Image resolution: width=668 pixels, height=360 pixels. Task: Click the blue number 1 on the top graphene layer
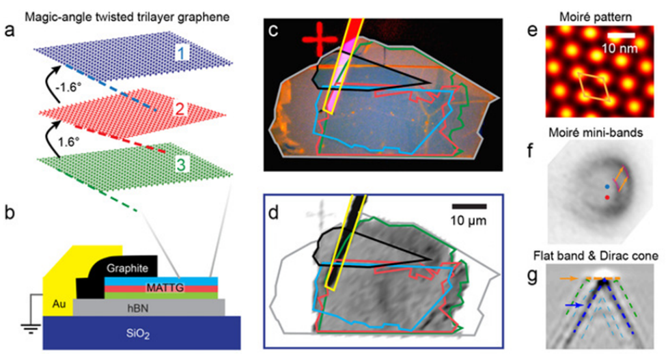click(182, 53)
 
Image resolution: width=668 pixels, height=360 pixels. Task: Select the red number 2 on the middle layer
click(180, 109)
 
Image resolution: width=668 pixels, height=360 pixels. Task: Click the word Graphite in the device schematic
click(127, 268)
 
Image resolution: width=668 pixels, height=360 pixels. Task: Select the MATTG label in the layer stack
click(165, 288)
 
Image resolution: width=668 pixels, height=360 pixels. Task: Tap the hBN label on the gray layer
click(138, 307)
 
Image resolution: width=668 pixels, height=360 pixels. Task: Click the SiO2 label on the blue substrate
click(137, 333)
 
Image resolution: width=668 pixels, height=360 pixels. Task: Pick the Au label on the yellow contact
click(59, 304)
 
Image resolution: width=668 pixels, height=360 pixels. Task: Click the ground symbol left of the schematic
click(31, 328)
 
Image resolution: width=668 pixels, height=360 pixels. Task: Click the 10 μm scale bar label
click(469, 221)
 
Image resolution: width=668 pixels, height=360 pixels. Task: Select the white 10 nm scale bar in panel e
click(621, 35)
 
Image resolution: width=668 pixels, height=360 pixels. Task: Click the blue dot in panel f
click(607, 186)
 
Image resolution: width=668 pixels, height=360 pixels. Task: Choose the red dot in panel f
click(607, 197)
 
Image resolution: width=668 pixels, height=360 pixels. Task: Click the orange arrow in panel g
click(568, 279)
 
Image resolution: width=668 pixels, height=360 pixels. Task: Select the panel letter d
click(273, 212)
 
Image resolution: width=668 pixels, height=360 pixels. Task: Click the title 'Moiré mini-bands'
click(596, 133)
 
